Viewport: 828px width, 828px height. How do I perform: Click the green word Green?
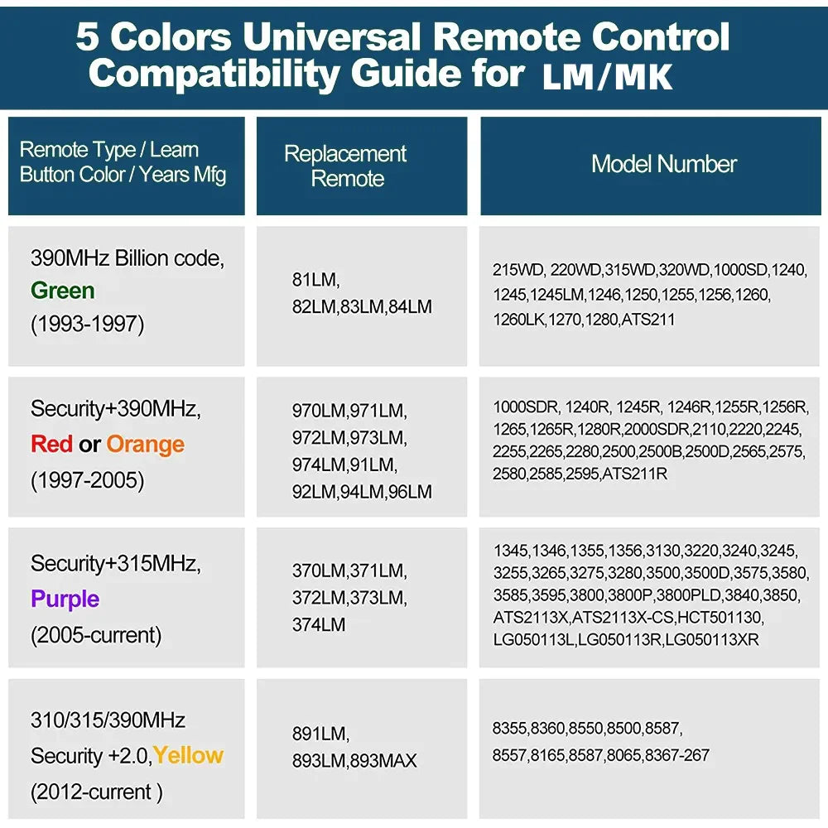point(63,291)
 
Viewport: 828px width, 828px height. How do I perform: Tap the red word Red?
point(51,444)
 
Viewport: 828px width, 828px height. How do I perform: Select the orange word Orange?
point(145,444)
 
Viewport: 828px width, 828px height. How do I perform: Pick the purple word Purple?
point(65,599)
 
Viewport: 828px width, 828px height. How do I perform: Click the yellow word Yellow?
point(188,755)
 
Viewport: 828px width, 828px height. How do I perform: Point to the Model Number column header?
point(663,164)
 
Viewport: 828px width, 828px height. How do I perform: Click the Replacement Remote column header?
point(345,166)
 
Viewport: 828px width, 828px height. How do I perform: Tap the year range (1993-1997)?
point(87,325)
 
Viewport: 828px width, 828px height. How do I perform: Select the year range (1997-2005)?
point(87,480)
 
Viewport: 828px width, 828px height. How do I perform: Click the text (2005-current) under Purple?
point(95,635)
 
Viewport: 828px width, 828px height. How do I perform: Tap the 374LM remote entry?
point(318,624)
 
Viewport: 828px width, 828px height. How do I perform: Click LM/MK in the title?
point(607,76)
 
